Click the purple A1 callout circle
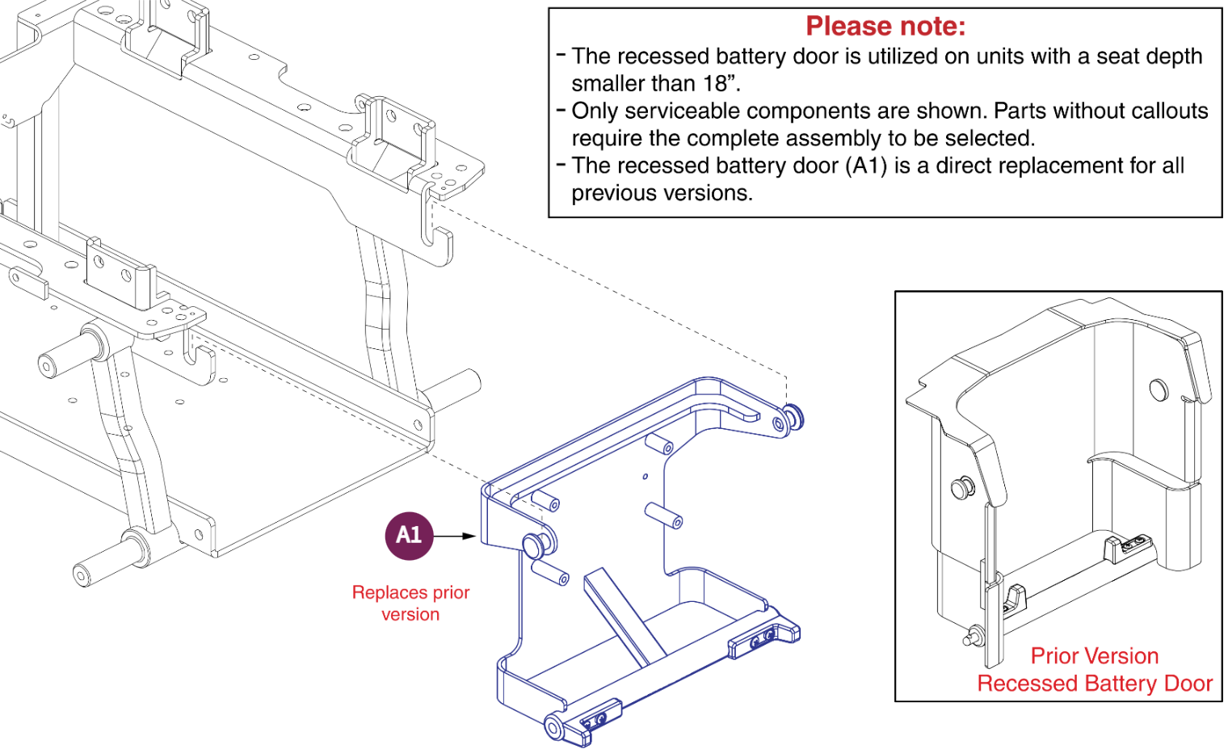[x=409, y=535]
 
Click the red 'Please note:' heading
[x=885, y=27]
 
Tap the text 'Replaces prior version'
[x=410, y=603]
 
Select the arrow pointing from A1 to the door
[x=456, y=536]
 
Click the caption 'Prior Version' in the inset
[x=1094, y=655]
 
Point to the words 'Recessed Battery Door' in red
[x=1094, y=684]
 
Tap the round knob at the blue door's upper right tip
[x=793, y=417]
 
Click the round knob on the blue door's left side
[x=536, y=545]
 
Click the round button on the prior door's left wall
[x=962, y=488]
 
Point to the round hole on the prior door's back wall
[x=1158, y=389]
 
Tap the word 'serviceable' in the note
[x=683, y=112]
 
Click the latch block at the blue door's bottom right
[x=763, y=637]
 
